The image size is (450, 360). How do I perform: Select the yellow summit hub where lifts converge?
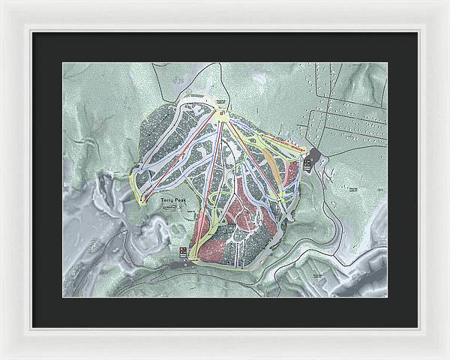coord(223,115)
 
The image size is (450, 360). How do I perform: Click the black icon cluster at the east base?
coord(308,161)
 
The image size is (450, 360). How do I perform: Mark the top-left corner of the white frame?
coord(2,2)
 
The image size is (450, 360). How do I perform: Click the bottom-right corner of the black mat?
coord(418,328)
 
